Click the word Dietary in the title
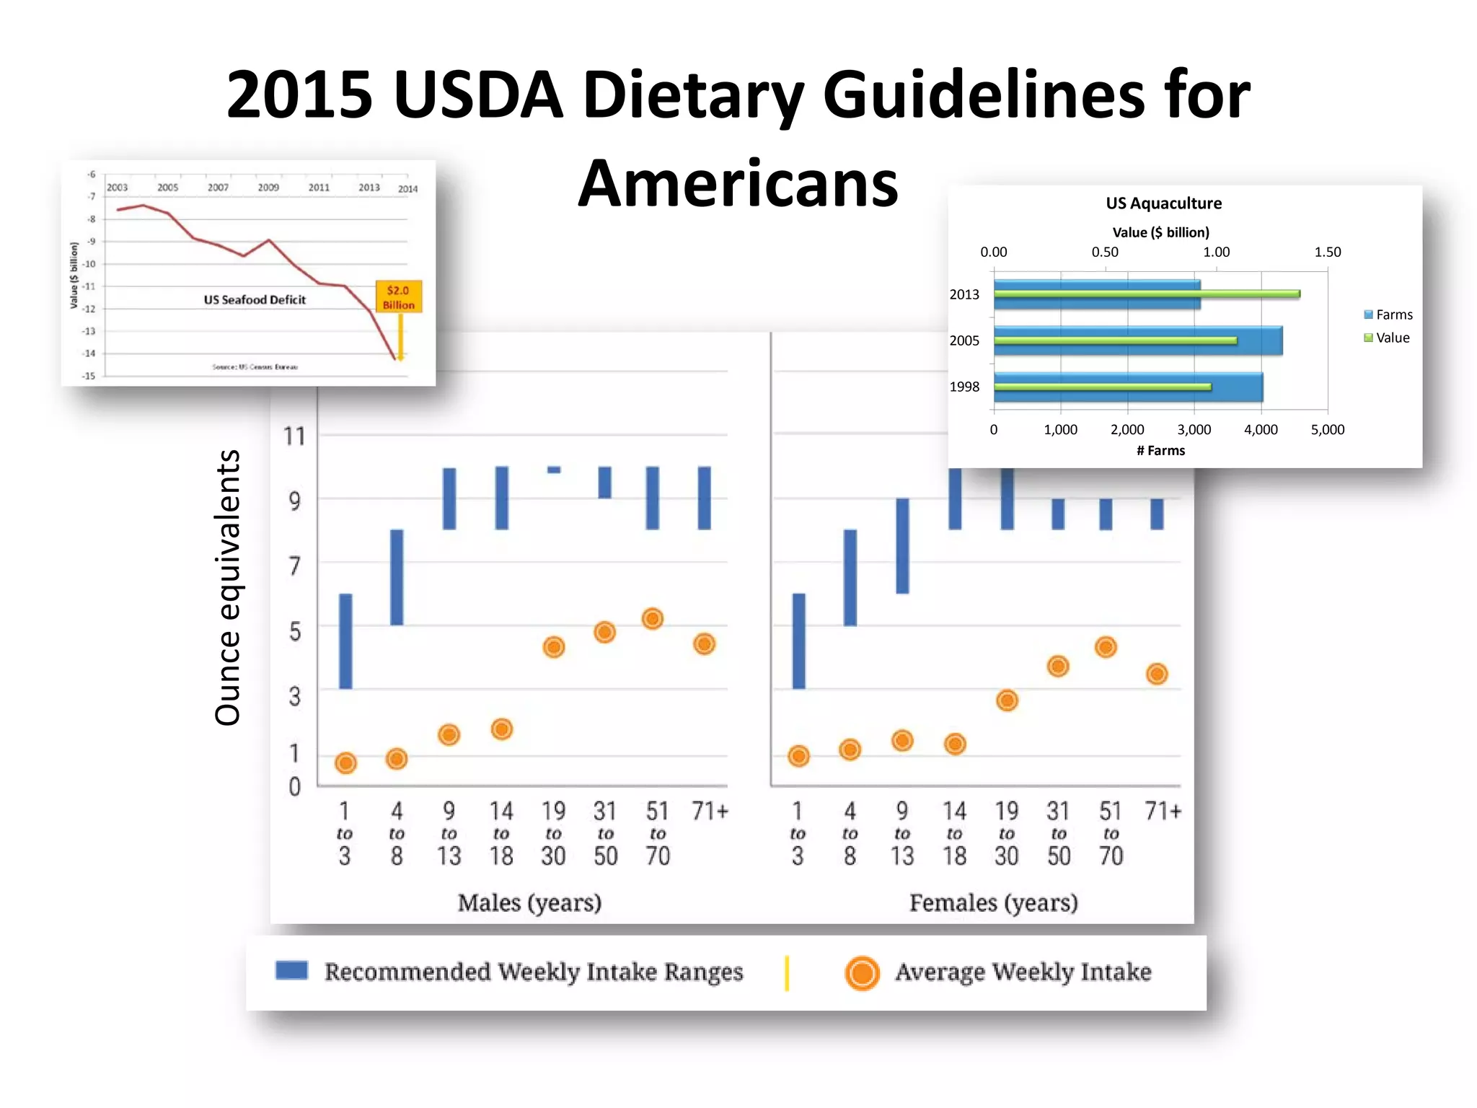pyautogui.click(x=695, y=96)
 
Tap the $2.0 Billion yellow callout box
pyautogui.click(x=399, y=296)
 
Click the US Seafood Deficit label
pyautogui.click(x=255, y=299)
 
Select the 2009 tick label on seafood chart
pyautogui.click(x=268, y=188)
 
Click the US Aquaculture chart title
pyautogui.click(x=1163, y=203)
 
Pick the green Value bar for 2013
pyautogui.click(x=1147, y=294)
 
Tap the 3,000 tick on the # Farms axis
pyautogui.click(x=1194, y=430)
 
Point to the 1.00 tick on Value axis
pyautogui.click(x=1216, y=252)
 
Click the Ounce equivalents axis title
pyautogui.click(x=228, y=587)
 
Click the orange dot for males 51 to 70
pyautogui.click(x=653, y=619)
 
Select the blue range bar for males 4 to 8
pyautogui.click(x=397, y=577)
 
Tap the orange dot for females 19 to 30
pyautogui.click(x=1007, y=700)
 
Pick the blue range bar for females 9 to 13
pyautogui.click(x=902, y=546)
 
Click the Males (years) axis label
pyautogui.click(x=529, y=902)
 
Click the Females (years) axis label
pyautogui.click(x=993, y=902)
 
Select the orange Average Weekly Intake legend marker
pyautogui.click(x=862, y=973)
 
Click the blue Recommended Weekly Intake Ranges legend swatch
pyautogui.click(x=291, y=970)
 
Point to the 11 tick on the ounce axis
pyautogui.click(x=294, y=436)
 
